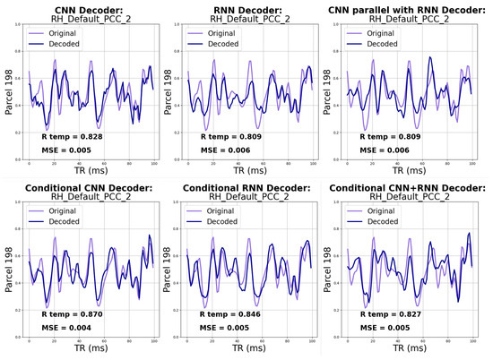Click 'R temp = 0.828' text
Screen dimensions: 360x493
(x=74, y=135)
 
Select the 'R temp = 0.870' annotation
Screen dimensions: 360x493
(x=74, y=315)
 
